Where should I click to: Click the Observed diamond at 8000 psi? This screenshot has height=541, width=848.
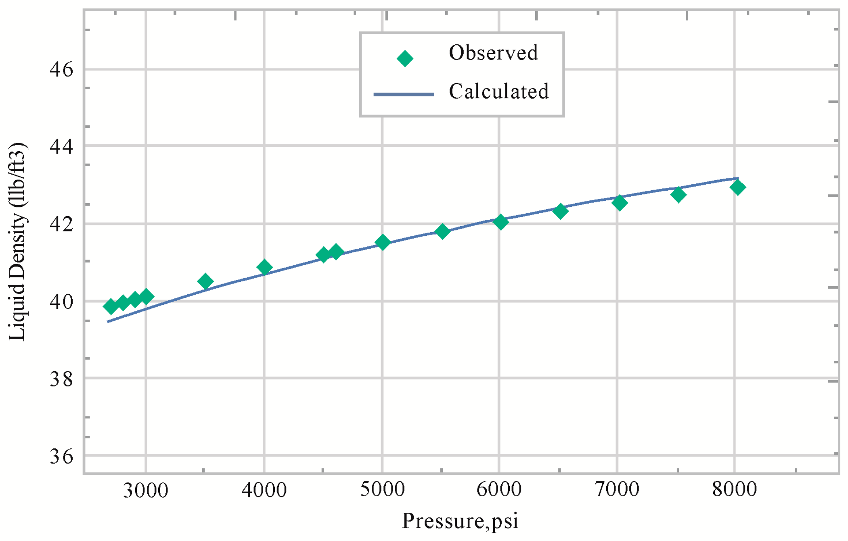pyautogui.click(x=737, y=187)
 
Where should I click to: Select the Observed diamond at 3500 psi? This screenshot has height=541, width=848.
pyautogui.click(x=205, y=281)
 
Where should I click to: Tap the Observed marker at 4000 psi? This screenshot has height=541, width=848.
pyautogui.click(x=264, y=267)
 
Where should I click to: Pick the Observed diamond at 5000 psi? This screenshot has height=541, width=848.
pyautogui.click(x=382, y=242)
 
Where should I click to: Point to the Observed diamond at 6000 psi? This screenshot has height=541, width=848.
pyautogui.click(x=500, y=222)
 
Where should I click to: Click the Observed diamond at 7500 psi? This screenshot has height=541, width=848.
pyautogui.click(x=678, y=195)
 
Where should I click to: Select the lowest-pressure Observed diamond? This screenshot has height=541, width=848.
pyautogui.click(x=111, y=306)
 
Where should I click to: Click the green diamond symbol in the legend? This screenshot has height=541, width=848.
pyautogui.click(x=404, y=58)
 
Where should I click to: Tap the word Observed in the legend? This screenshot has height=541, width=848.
pyautogui.click(x=493, y=53)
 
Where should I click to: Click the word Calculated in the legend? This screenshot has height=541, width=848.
pyautogui.click(x=498, y=92)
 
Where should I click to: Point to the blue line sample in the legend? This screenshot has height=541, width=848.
pyautogui.click(x=404, y=94)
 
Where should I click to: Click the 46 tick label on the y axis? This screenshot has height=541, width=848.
pyautogui.click(x=61, y=70)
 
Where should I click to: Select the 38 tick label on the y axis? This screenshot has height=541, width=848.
pyautogui.click(x=61, y=379)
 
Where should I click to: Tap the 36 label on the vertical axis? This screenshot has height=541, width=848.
pyautogui.click(x=61, y=456)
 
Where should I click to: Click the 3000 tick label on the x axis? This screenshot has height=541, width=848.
pyautogui.click(x=145, y=491)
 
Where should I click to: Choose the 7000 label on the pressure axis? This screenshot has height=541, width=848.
pyautogui.click(x=617, y=489)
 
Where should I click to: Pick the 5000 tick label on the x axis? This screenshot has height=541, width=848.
pyautogui.click(x=382, y=489)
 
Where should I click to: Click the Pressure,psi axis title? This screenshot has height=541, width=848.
pyautogui.click(x=460, y=521)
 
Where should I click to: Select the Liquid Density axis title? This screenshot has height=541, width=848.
pyautogui.click(x=17, y=242)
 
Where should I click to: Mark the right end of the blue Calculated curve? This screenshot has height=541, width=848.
pyautogui.click(x=738, y=178)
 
